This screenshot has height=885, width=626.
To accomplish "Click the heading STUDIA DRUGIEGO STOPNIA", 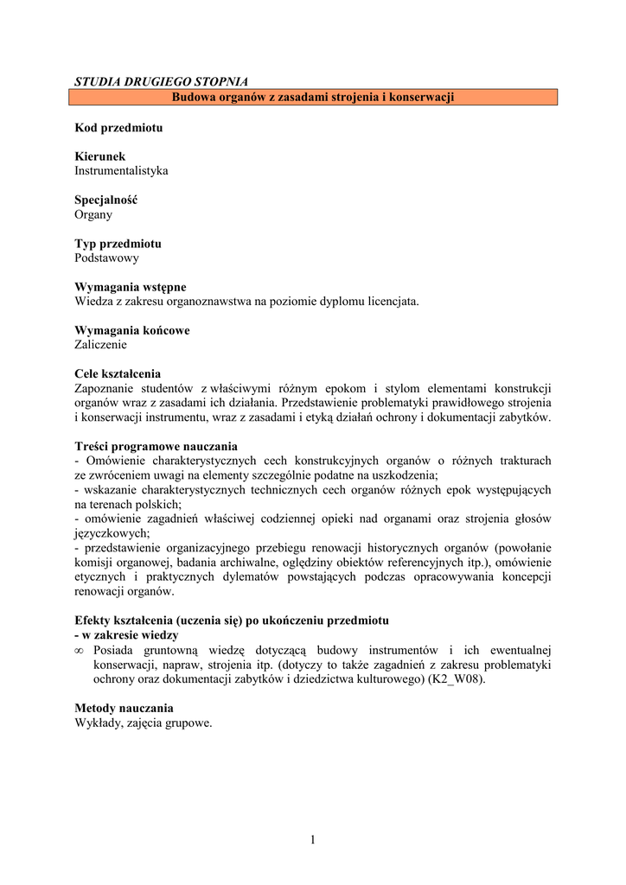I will [x=162, y=81].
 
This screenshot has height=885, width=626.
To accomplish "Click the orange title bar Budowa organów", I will [x=313, y=98].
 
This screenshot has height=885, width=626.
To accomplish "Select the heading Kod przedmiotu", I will [x=118, y=128].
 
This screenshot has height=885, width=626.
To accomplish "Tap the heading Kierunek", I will [x=99, y=156].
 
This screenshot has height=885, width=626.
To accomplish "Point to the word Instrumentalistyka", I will [x=121, y=171].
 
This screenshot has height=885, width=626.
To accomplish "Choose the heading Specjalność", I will [x=105, y=200].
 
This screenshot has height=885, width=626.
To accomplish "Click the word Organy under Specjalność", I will [x=93, y=214].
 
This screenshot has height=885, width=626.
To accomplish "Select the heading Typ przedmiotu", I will [x=118, y=244].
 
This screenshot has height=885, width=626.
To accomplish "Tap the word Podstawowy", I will [x=106, y=258].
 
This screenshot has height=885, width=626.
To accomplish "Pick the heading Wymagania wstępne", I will [x=130, y=287].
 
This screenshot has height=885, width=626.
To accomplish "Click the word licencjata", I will [x=392, y=301].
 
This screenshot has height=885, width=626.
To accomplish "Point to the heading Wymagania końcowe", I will [x=132, y=330].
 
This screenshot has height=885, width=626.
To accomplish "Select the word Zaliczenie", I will [x=100, y=344].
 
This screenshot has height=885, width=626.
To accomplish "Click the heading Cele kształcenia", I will [x=118, y=373].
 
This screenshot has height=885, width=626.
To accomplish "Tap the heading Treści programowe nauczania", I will [x=156, y=446].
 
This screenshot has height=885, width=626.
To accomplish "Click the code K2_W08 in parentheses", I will [x=460, y=678].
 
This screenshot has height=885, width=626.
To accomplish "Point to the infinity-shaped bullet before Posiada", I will [x=80, y=650].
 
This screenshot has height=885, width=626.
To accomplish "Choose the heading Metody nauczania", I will [x=124, y=708].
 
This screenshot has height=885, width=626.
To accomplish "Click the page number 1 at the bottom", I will [x=313, y=839].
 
